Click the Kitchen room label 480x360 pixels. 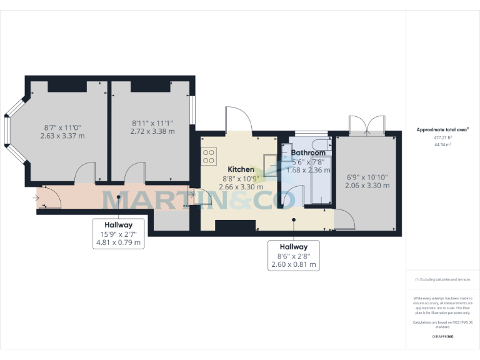(241, 169)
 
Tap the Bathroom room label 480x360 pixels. (307, 152)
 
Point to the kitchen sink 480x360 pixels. (271, 164)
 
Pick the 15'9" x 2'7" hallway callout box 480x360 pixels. (119, 233)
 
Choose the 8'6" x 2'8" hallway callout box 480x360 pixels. (294, 256)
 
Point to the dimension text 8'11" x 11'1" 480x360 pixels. (152, 122)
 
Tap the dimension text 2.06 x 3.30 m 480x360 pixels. (367, 186)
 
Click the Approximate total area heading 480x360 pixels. (442, 130)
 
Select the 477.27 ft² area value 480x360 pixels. (442, 137)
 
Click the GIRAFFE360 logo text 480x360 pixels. (442, 336)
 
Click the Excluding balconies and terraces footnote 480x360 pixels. (442, 279)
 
